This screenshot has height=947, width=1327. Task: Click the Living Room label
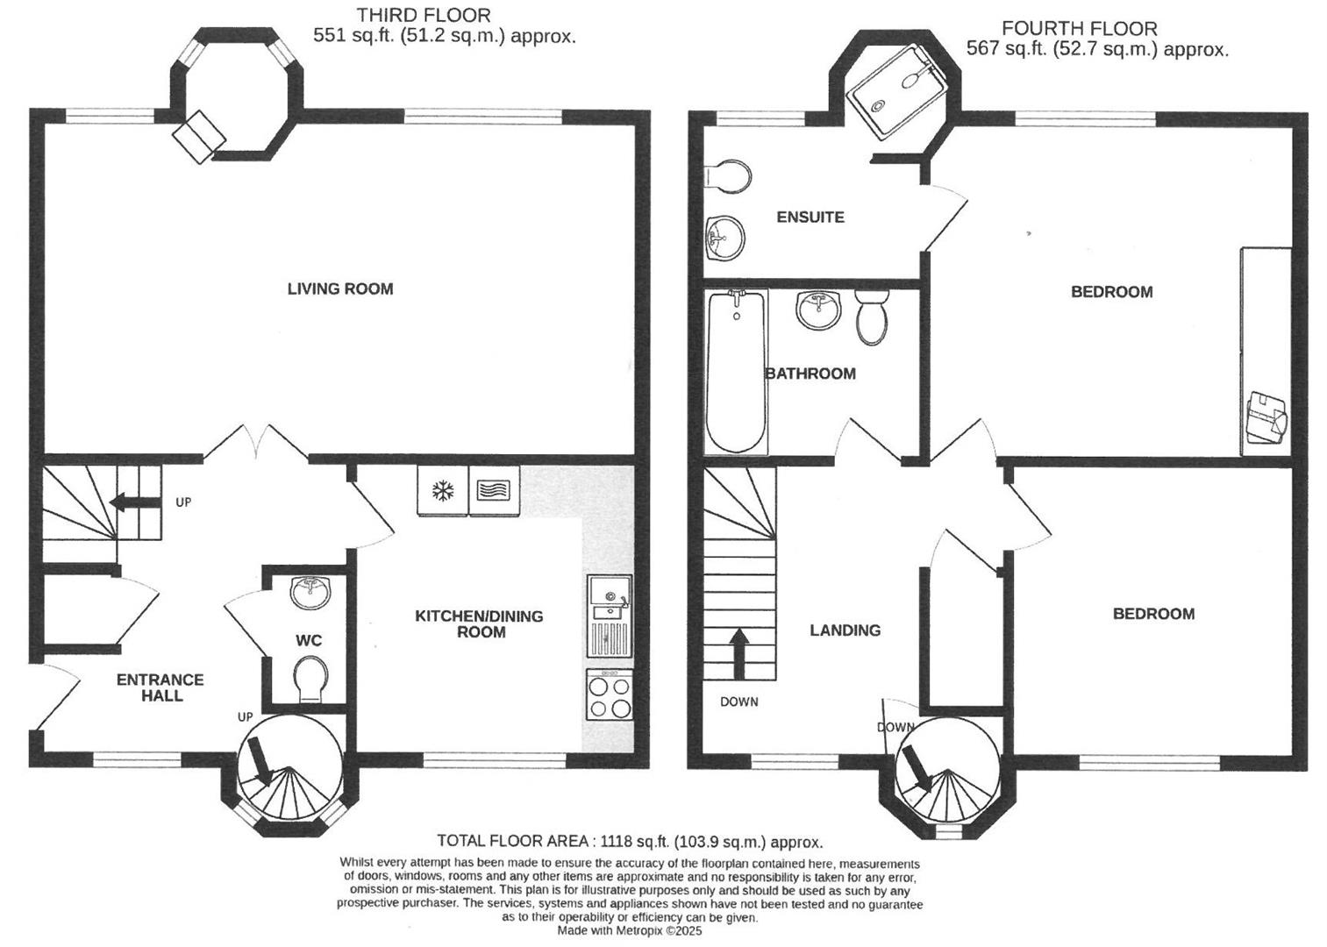(339, 288)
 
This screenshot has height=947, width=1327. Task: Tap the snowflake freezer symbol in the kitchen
(443, 491)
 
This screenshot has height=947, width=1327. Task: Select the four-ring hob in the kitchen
(610, 695)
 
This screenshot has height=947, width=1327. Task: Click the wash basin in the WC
(310, 592)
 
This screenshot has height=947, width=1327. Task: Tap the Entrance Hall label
(161, 687)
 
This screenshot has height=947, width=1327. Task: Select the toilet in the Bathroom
(872, 317)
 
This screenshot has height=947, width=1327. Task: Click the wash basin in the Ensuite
(724, 237)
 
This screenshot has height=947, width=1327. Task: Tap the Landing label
(845, 630)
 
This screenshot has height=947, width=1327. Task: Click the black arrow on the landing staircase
(738, 654)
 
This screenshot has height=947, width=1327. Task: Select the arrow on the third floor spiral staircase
(260, 759)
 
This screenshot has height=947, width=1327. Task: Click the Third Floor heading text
(424, 15)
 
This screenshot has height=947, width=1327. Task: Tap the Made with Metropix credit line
(630, 931)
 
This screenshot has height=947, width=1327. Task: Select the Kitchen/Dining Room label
(479, 623)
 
